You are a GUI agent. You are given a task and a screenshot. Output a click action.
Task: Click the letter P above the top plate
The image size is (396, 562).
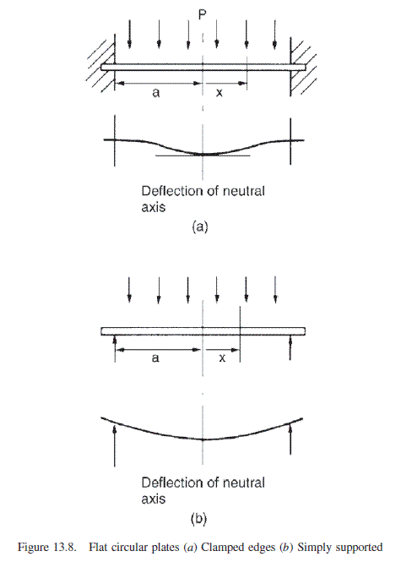[203, 15]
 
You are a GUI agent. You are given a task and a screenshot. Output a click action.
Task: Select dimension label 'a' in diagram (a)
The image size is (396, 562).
[155, 93]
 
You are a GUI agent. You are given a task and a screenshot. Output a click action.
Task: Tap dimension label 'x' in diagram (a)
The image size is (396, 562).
[220, 93]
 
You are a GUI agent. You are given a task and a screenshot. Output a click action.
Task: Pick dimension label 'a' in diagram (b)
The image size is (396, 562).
[155, 358]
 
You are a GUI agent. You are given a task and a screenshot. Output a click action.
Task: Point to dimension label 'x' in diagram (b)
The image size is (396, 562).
[222, 358]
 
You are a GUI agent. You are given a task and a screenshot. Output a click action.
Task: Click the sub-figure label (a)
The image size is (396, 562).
[200, 226]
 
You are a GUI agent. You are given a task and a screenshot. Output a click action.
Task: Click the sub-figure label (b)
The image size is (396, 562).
[198, 519]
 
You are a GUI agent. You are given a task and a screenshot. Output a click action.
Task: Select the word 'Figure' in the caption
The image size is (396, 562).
[33, 548]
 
